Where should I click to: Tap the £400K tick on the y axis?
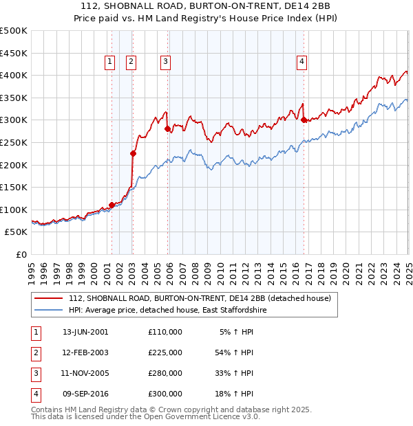click(x=14, y=76)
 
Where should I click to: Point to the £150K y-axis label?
click(x=14, y=187)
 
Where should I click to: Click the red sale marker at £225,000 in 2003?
click(x=133, y=154)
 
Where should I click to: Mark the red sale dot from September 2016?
click(x=304, y=120)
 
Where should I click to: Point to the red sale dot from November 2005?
click(x=167, y=129)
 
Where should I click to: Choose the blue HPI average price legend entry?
click(x=167, y=311)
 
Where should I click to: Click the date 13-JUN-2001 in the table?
click(x=85, y=332)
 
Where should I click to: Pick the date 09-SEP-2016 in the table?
click(x=85, y=394)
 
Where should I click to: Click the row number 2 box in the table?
click(x=35, y=352)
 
